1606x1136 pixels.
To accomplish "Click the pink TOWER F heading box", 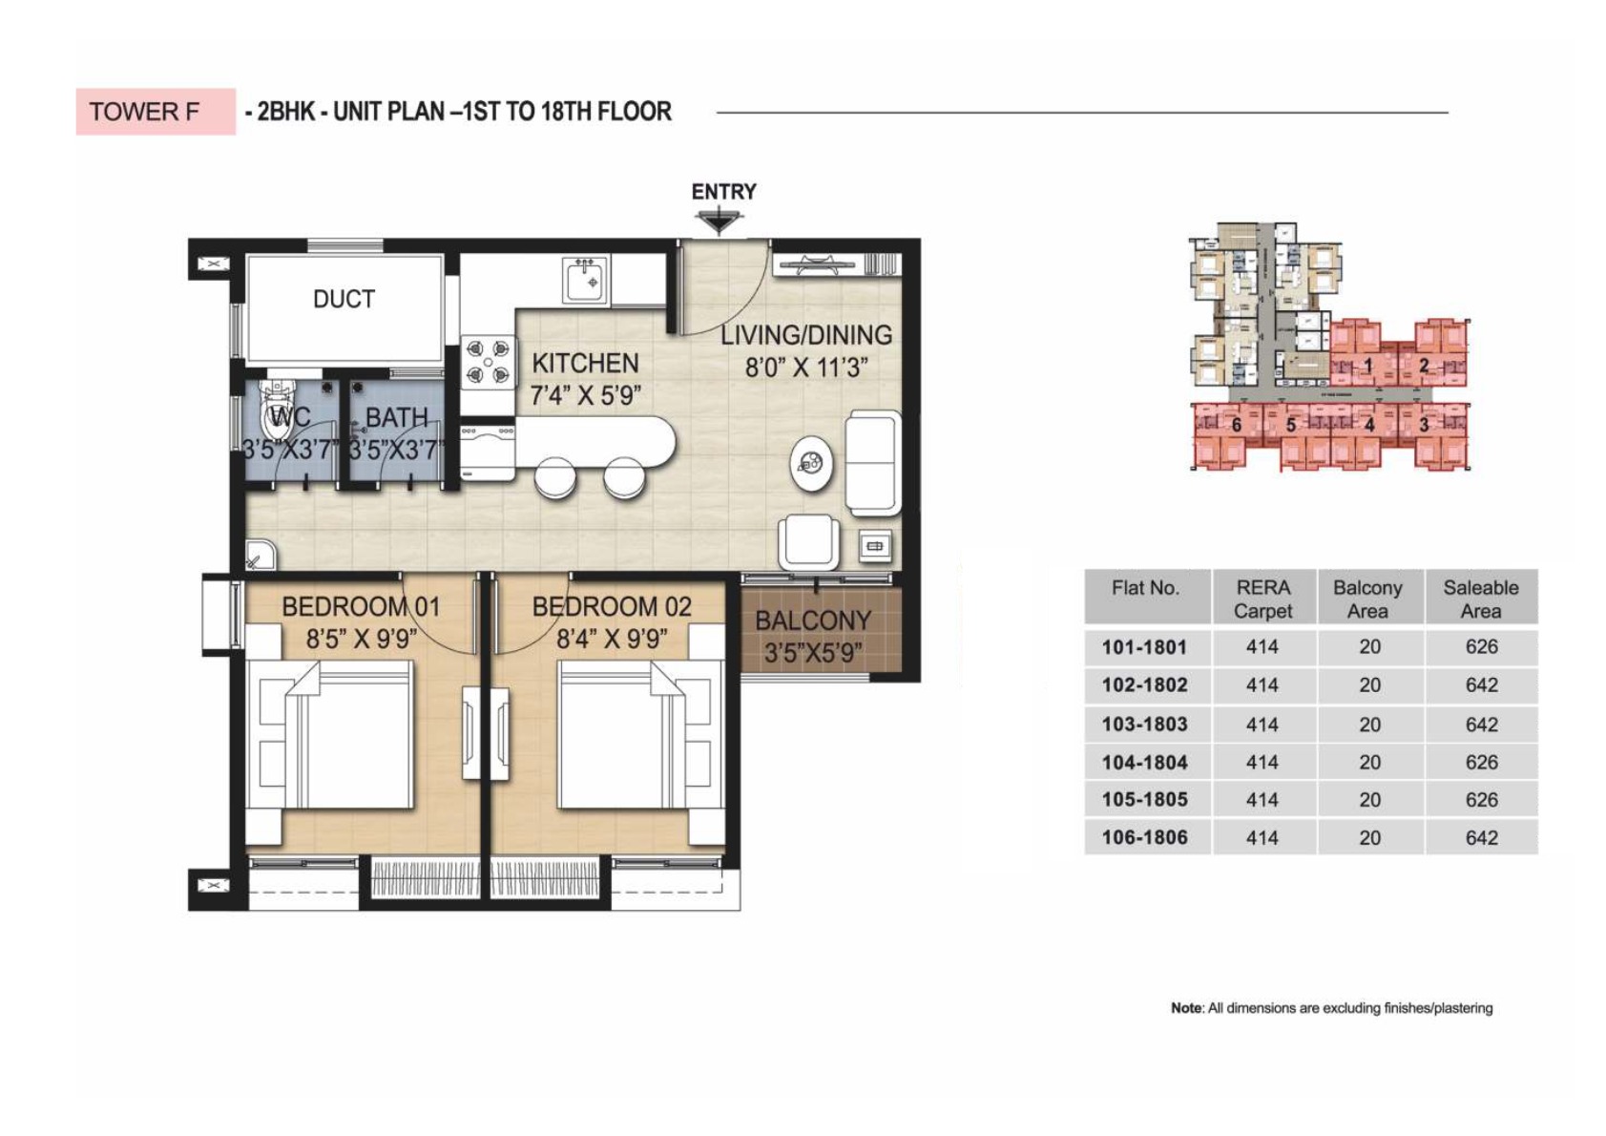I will coord(155,112).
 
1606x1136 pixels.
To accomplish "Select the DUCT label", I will coord(344,299).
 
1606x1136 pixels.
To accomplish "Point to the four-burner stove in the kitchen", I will coord(488,363).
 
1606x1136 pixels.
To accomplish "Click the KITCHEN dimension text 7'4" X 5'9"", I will coord(585,395).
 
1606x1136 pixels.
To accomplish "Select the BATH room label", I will coord(396,417).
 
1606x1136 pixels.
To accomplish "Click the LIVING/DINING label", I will coord(805,335).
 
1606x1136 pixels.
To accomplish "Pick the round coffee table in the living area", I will coord(811,465).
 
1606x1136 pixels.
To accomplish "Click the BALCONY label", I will coord(812,621).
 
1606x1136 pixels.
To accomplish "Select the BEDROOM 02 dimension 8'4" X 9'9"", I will coord(611,639).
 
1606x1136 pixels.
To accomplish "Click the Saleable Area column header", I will coord(1480,599).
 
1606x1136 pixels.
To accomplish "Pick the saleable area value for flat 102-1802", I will coord(1481,685).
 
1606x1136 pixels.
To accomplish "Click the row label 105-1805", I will coord(1144,800).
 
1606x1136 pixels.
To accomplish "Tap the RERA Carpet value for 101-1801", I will coord(1262,647).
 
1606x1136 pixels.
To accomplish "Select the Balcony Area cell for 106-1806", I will coord(1369,838).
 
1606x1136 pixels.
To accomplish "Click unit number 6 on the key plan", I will coord(1236,425).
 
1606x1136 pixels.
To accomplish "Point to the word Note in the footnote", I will coord(1186,1008).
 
